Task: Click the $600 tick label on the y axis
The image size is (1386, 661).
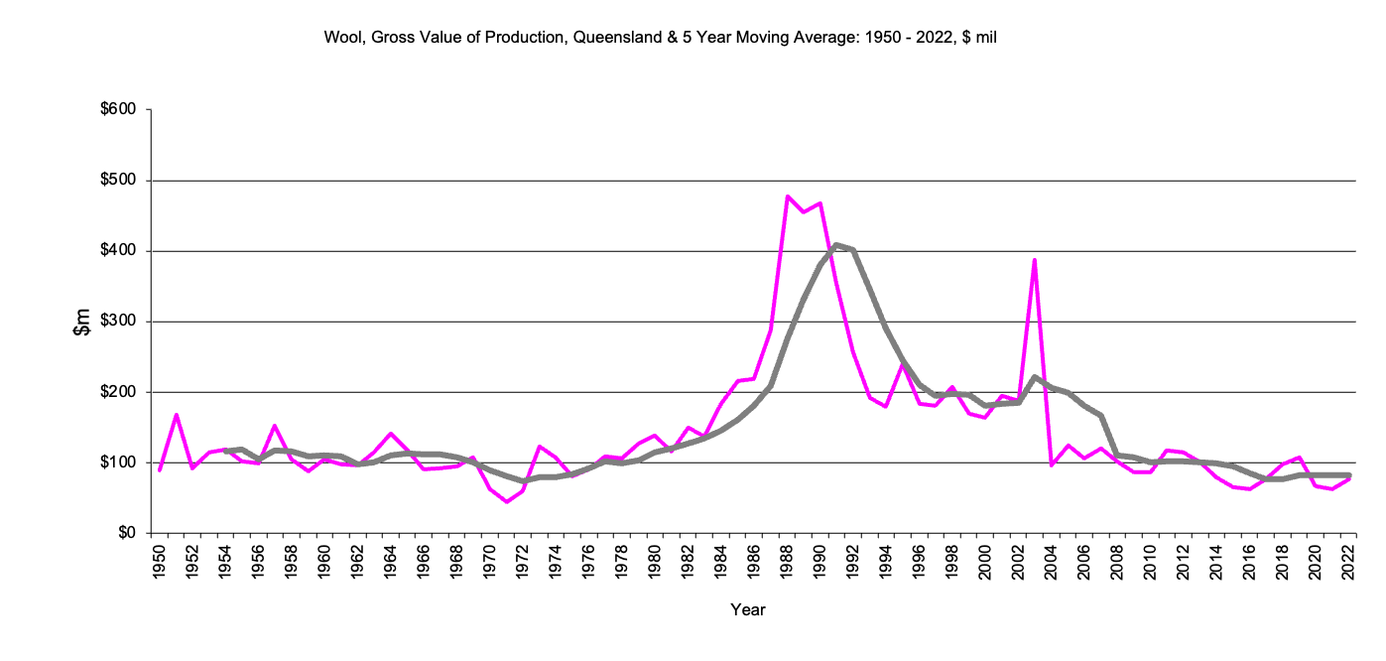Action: click(119, 109)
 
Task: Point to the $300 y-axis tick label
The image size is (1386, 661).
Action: click(119, 322)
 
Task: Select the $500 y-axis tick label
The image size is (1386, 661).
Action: click(119, 181)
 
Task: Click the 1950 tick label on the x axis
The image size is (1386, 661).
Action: click(159, 561)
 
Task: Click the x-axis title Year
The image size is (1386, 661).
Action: click(748, 609)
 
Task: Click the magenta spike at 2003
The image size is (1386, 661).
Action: click(1035, 260)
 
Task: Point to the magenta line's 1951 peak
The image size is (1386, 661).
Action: click(176, 415)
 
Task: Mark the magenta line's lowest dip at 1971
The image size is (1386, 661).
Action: click(506, 501)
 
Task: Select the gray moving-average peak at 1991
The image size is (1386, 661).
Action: click(836, 244)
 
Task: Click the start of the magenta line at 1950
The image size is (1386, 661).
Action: click(159, 470)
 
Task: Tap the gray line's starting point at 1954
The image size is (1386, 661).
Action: click(226, 452)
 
